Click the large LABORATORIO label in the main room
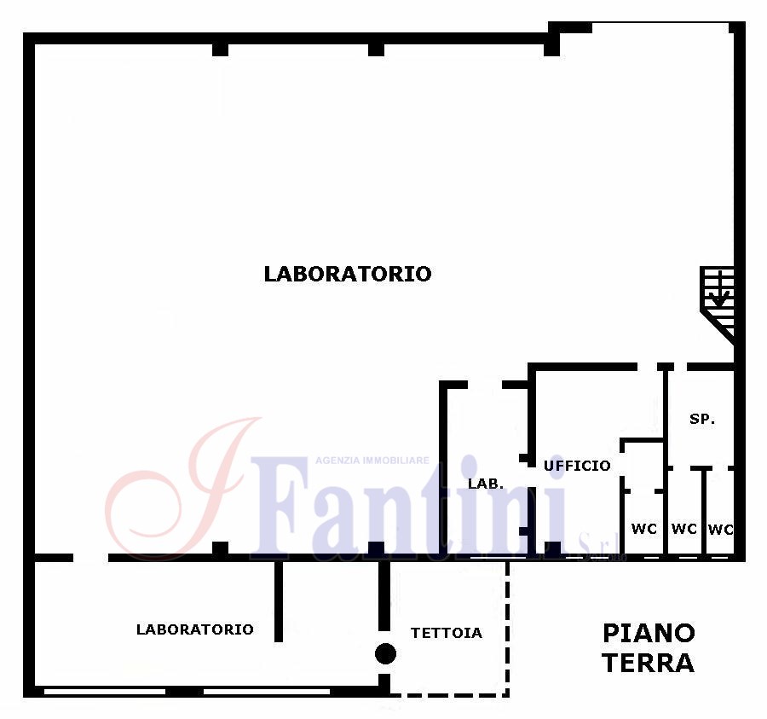click(x=348, y=274)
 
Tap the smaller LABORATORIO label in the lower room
click(x=194, y=629)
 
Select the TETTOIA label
click(x=446, y=633)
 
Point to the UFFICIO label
click(x=577, y=466)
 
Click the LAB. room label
click(x=486, y=484)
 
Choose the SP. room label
click(x=702, y=419)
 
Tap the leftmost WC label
click(x=643, y=529)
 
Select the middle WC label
click(x=683, y=529)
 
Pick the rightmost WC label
click(x=720, y=529)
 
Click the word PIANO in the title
click(x=649, y=634)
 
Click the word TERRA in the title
click(x=649, y=664)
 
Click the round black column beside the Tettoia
click(x=385, y=654)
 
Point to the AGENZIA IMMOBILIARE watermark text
click(x=372, y=461)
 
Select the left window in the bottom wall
click(x=105, y=692)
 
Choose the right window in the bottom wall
click(x=267, y=692)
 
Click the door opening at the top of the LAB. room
click(x=485, y=385)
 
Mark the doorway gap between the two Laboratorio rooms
click(x=90, y=558)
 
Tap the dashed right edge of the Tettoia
click(x=507, y=628)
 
